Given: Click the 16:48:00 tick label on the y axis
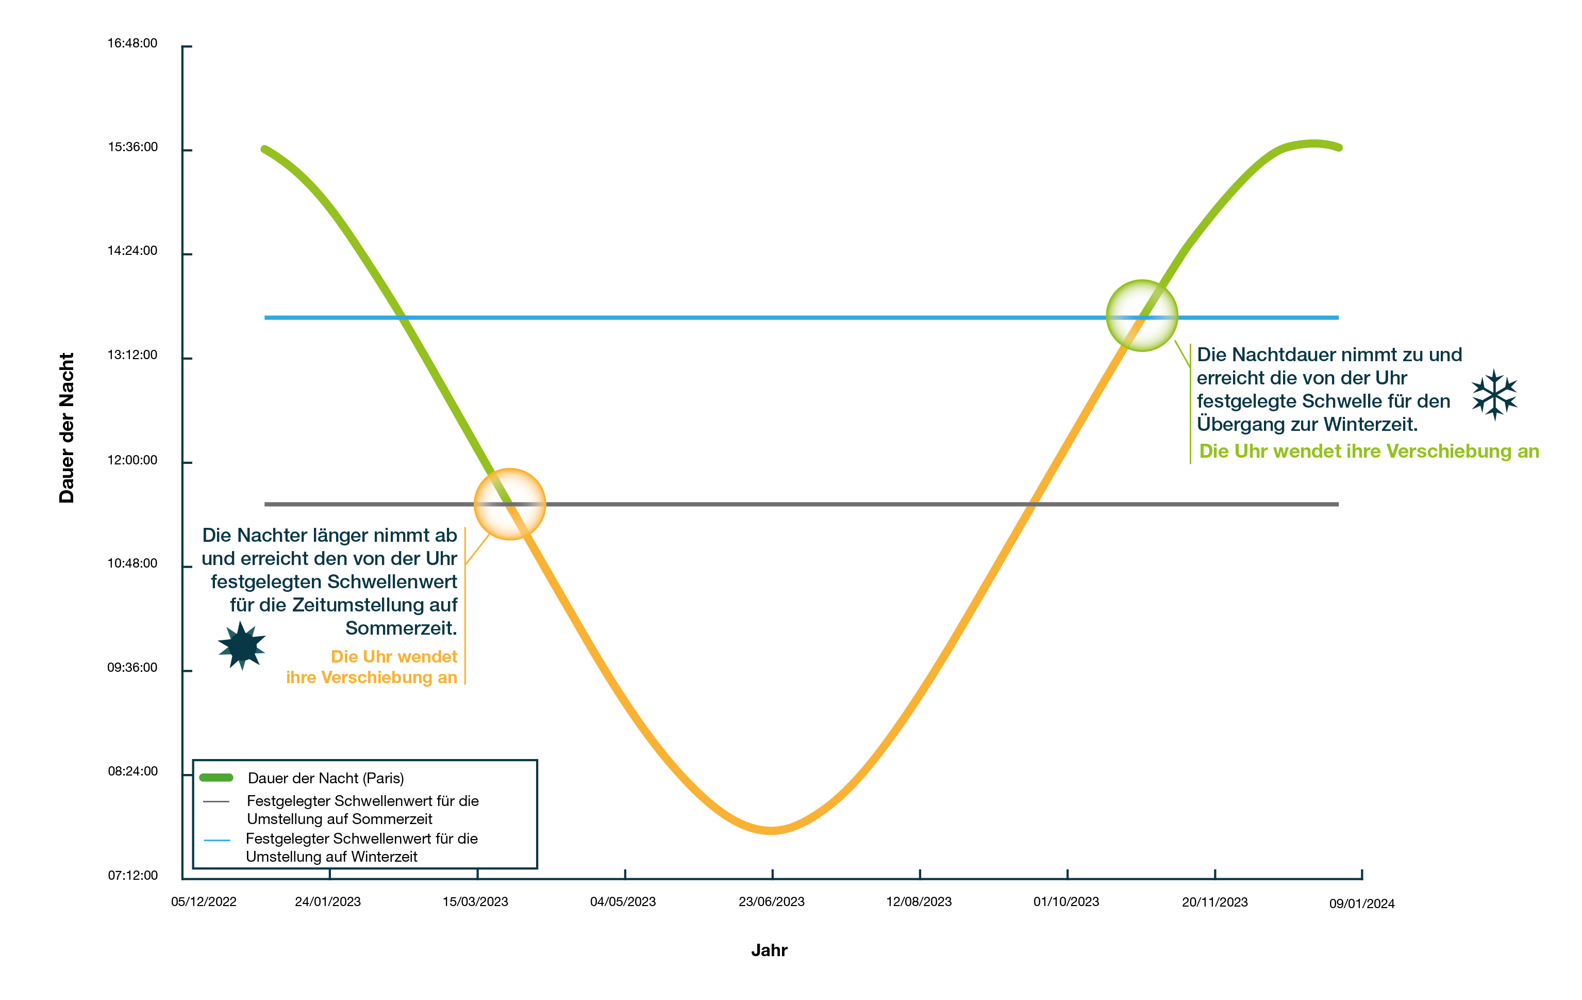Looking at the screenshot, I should click(132, 43).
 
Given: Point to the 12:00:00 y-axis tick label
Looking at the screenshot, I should click(132, 460).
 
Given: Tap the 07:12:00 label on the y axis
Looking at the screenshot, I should click(132, 876).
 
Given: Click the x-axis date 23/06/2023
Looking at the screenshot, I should click(771, 902).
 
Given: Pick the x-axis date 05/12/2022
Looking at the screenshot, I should click(204, 902).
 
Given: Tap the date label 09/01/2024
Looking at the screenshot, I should click(1361, 904).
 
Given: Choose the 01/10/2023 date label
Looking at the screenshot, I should click(1065, 902).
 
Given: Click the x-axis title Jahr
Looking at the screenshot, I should click(769, 950).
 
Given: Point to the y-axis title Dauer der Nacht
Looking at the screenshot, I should click(67, 428).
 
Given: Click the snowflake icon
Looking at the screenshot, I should click(1494, 394).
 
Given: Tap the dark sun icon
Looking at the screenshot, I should click(242, 646).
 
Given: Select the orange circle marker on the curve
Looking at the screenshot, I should click(510, 504).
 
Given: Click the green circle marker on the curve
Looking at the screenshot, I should click(1142, 316).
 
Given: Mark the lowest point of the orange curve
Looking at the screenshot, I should click(771, 830).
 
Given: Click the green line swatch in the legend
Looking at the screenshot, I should click(216, 778).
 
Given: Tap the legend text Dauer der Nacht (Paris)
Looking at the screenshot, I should click(325, 779).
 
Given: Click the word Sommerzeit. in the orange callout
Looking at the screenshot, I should click(401, 628).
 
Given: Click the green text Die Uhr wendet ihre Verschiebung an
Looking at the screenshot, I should click(1369, 451).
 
